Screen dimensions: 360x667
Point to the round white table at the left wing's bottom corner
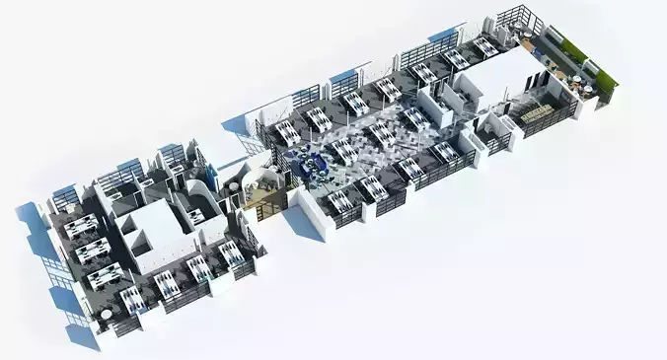tap(107, 316)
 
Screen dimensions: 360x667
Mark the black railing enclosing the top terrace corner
tap(516, 20)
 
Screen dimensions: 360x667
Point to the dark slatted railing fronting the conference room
tap(549, 122)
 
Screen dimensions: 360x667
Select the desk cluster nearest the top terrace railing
tap(484, 46)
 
